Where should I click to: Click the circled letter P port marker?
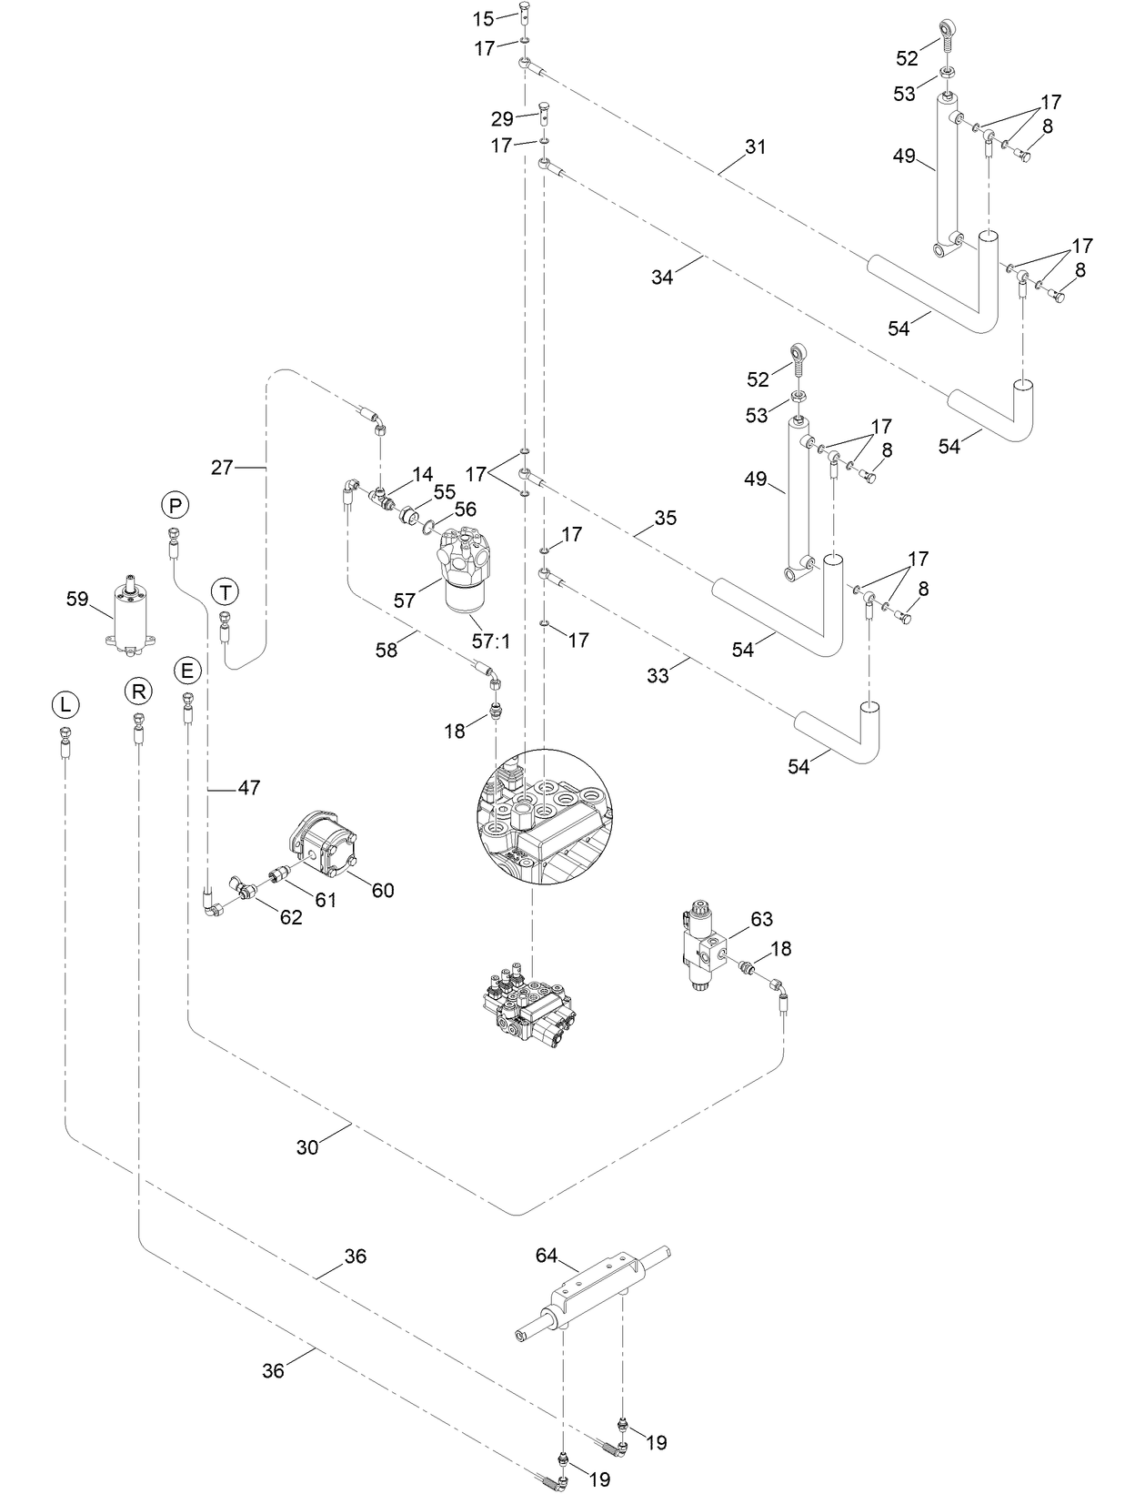point(175,504)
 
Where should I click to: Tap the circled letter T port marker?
point(225,592)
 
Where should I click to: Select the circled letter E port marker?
point(186,671)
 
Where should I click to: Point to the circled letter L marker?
point(65,704)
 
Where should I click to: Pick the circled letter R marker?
point(138,692)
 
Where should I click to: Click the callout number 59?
point(78,598)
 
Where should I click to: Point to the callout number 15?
point(482,17)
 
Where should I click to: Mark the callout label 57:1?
point(492,641)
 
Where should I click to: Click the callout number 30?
point(307,1147)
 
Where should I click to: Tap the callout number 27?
point(221,467)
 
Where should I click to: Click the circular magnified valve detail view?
point(544,817)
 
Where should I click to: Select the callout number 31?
point(756,146)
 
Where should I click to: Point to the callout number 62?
point(290,918)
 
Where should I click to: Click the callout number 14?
point(422,474)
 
